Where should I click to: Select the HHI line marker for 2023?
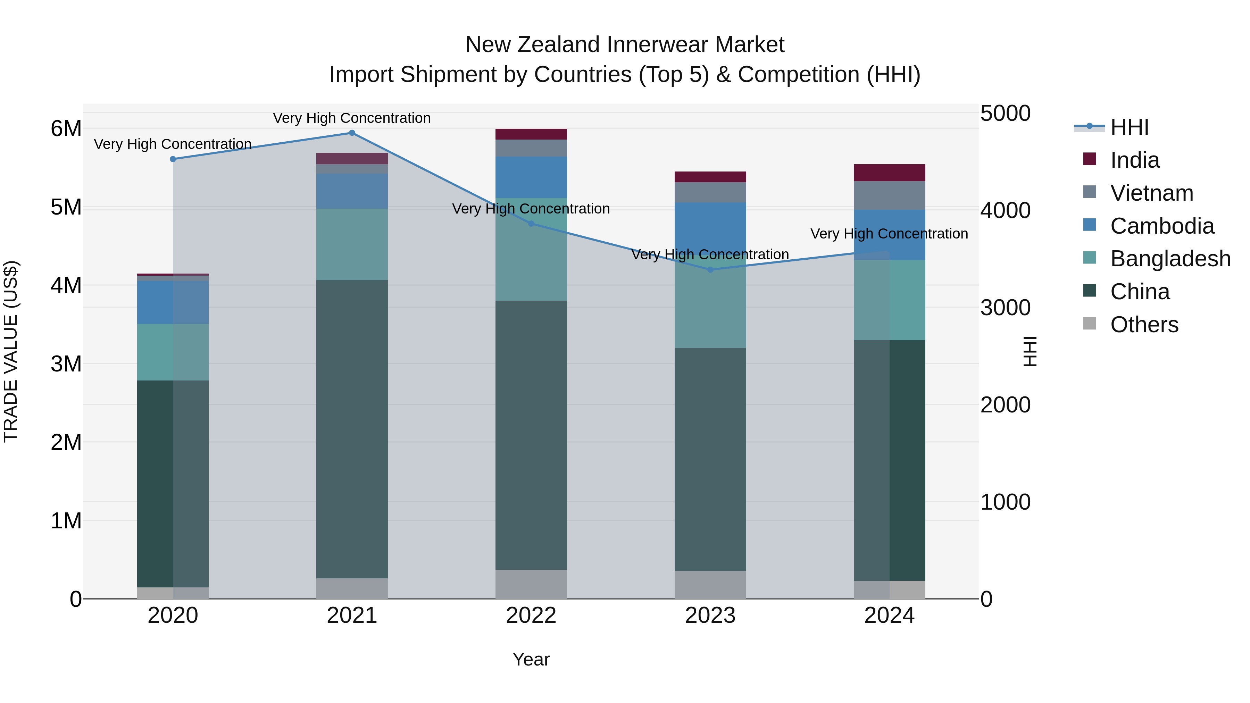click(x=710, y=270)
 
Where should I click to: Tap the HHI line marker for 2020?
click(x=173, y=159)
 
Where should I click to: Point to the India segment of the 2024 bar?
click(x=890, y=173)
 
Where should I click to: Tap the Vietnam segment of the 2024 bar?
click(x=890, y=195)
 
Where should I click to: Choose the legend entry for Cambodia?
click(x=1162, y=226)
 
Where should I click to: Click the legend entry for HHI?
click(x=1129, y=127)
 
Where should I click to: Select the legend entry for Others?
click(x=1144, y=325)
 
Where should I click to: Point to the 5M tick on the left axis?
click(x=66, y=207)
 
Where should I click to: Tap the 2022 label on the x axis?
click(x=531, y=616)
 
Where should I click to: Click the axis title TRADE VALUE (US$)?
click(x=11, y=351)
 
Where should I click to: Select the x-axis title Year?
click(x=531, y=659)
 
